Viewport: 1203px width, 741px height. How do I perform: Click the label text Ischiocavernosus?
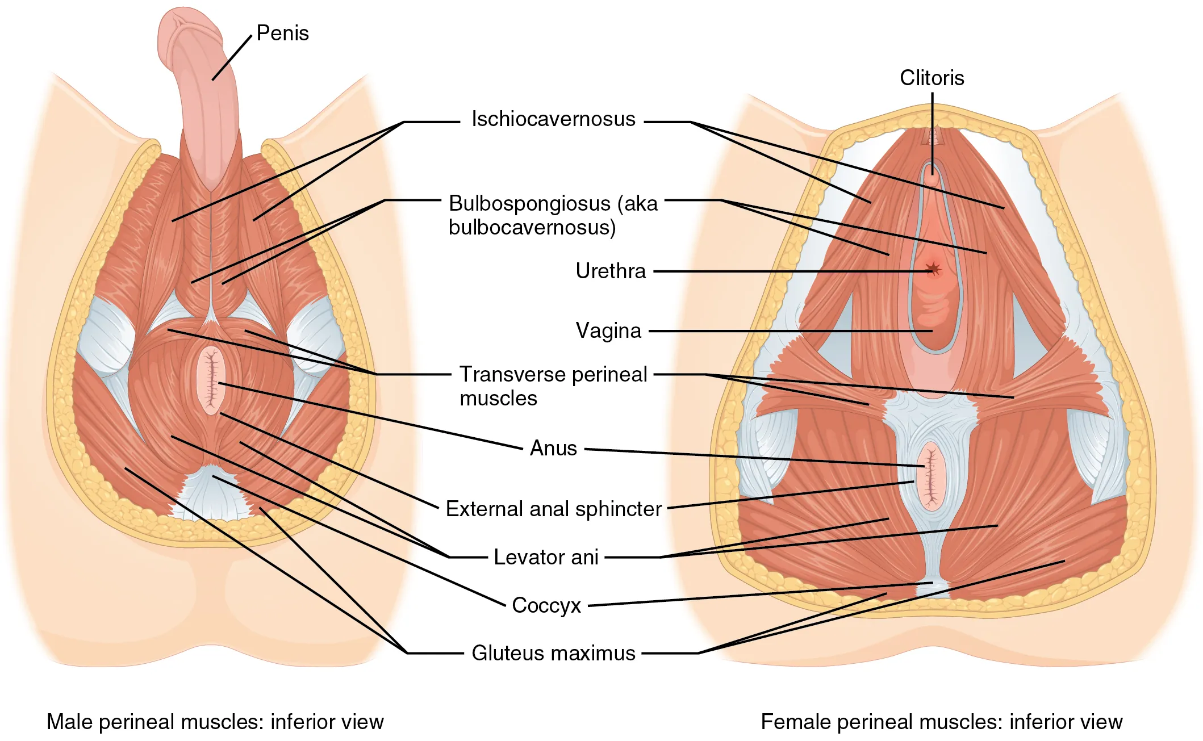(553, 119)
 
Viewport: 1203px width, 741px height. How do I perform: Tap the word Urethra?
(610, 271)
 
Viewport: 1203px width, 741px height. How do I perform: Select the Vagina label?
(608, 331)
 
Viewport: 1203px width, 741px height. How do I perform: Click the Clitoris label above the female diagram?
(932, 78)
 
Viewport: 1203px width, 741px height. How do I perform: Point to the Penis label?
(282, 34)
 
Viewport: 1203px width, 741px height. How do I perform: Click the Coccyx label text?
(546, 605)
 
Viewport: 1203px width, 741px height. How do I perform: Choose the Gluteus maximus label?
(553, 653)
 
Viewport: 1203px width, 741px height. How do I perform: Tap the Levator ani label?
(546, 557)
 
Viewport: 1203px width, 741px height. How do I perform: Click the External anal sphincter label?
(553, 509)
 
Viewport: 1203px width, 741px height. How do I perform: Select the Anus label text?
(553, 449)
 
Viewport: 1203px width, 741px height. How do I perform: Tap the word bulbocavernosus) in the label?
(532, 228)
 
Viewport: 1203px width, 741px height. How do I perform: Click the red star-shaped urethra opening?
(933, 269)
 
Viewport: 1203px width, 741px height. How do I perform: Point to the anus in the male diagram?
(211, 380)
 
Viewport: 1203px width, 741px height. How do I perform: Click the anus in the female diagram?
(930, 476)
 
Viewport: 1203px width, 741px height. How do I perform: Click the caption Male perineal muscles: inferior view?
(215, 722)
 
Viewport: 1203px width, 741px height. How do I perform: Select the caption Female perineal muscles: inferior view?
(941, 722)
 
